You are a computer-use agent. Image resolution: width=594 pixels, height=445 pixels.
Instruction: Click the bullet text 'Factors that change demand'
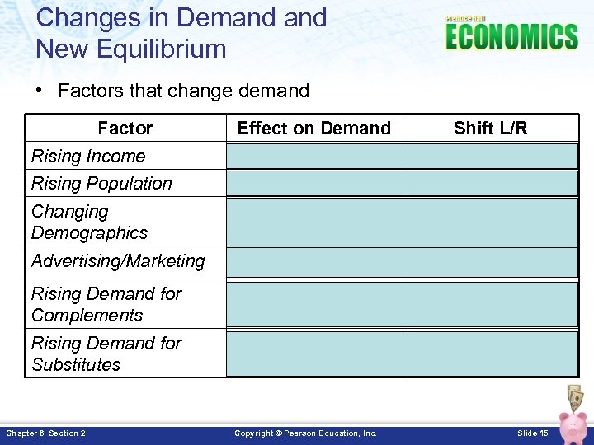coord(183,91)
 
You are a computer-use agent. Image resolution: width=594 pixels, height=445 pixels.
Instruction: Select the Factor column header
coord(125,128)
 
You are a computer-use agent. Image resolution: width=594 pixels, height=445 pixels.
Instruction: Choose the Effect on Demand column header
coord(313,128)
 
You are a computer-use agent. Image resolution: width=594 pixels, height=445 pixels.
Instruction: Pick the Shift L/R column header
coord(490,128)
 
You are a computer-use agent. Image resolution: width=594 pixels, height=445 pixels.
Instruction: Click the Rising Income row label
coord(88,156)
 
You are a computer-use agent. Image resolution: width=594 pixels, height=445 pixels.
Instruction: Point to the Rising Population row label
coord(101,183)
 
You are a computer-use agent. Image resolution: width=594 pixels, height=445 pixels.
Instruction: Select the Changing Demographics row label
coord(89,222)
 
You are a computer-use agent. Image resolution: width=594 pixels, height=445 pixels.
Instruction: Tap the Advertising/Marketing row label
coord(118,261)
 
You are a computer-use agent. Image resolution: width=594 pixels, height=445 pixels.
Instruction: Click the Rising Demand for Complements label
coord(106,304)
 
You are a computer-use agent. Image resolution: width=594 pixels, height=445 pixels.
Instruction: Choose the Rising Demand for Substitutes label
coord(106,354)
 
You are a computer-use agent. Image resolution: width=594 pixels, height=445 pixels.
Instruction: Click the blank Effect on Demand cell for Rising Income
coord(314,156)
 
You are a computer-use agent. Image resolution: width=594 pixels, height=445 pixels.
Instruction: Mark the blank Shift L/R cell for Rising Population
coord(491,183)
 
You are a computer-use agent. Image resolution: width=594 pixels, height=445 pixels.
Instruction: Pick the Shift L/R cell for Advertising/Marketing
coord(491,262)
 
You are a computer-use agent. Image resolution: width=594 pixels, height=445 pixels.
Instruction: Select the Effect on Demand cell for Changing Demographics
coord(314,222)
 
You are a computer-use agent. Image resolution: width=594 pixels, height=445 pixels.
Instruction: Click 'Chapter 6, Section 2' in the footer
coord(46,433)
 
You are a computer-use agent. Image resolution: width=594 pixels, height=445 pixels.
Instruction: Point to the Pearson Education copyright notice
coord(305,433)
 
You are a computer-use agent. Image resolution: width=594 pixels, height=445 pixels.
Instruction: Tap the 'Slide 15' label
coord(533,433)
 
